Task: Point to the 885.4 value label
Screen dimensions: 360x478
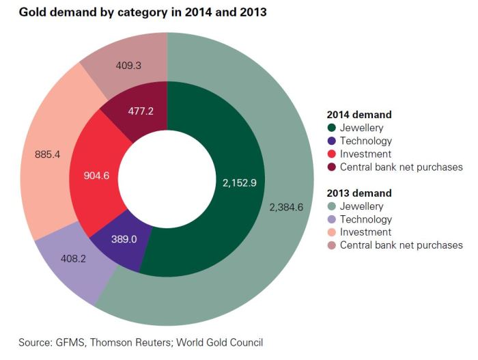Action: click(48, 154)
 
